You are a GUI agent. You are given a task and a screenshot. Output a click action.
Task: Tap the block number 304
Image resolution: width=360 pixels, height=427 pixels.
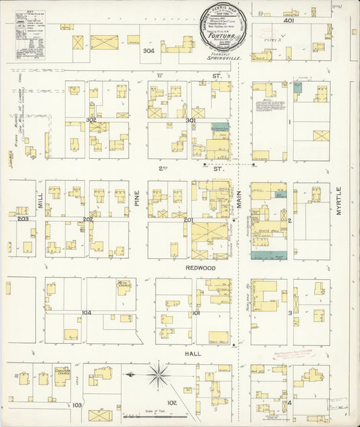pyautogui.click(x=148, y=51)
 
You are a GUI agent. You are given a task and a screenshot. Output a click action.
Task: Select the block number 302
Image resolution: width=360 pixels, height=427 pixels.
pyautogui.click(x=91, y=120)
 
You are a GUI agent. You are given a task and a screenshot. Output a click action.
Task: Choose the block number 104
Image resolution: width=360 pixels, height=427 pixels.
pyautogui.click(x=86, y=313)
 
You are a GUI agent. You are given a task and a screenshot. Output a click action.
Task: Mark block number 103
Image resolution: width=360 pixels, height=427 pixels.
pyautogui.click(x=77, y=405)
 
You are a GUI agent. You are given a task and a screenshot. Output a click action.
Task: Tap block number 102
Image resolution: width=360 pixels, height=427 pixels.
pyautogui.click(x=172, y=403)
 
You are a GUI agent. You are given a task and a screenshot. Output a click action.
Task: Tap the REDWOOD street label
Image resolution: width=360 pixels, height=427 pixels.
pyautogui.click(x=201, y=268)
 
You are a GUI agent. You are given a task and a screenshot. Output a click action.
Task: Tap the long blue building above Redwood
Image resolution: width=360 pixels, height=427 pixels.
pyautogui.click(x=269, y=255)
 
